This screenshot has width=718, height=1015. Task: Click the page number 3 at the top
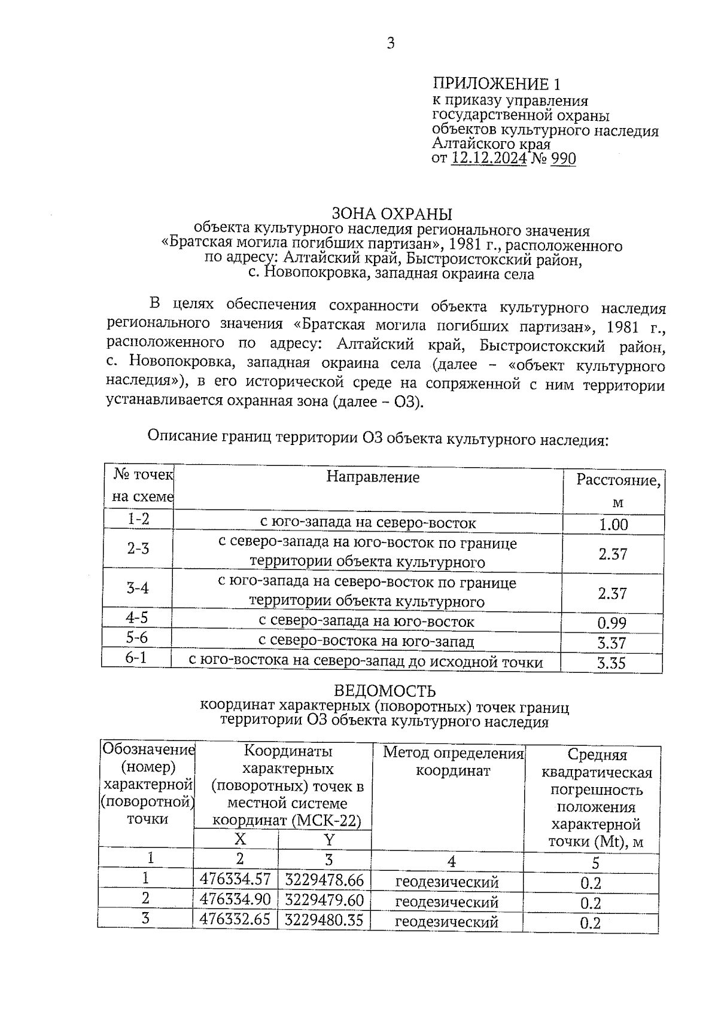tap(391, 44)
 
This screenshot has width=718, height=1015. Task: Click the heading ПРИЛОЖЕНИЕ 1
tap(497, 84)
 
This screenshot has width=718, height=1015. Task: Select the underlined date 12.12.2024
tap(489, 159)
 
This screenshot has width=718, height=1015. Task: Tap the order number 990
tap(562, 159)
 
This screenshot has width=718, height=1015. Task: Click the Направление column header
tap(373, 477)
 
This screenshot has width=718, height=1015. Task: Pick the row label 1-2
tap(138, 519)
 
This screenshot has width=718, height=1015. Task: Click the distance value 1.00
tap(613, 525)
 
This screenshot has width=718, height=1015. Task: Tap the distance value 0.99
tap(612, 623)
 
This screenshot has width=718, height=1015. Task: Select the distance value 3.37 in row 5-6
tap(612, 643)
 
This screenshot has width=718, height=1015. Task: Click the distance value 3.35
tap(611, 663)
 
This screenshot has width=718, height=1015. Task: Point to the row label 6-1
tap(136, 658)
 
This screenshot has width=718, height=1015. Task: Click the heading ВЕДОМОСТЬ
tap(384, 691)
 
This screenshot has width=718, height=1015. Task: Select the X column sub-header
tap(240, 839)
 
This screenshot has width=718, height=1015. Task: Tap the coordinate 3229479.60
tap(324, 900)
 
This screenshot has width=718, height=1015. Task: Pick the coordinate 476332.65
tap(235, 919)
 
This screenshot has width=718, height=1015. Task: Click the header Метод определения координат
tap(453, 761)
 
